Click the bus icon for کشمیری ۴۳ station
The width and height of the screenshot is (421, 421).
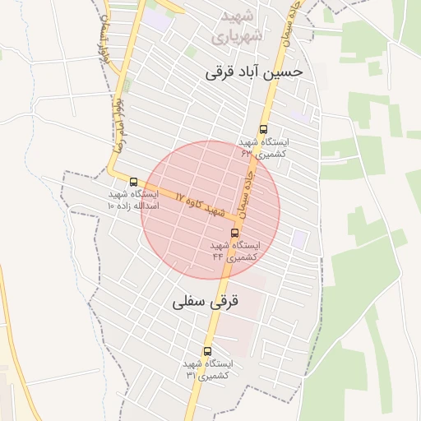(263, 129)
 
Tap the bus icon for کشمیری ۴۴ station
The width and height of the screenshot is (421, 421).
(235, 233)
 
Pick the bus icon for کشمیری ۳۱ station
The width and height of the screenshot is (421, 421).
(206, 351)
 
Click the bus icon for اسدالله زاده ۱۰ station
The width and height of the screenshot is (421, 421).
(134, 181)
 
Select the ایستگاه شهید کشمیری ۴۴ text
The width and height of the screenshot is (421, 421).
(234, 251)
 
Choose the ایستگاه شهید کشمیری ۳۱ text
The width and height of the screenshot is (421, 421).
(208, 369)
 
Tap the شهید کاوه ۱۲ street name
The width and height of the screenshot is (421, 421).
(199, 202)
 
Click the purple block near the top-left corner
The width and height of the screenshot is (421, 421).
(159, 18)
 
